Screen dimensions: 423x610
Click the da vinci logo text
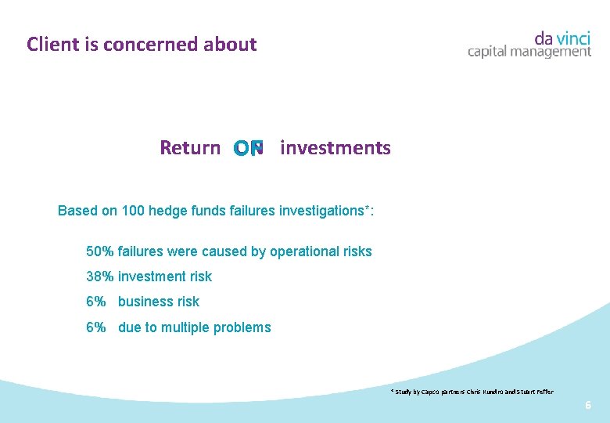(x=562, y=38)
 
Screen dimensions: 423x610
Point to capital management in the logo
(x=529, y=52)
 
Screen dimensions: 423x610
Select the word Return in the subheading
(x=190, y=148)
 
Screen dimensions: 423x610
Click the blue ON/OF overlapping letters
(x=249, y=148)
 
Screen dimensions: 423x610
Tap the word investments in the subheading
(x=335, y=148)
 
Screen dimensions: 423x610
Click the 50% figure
(x=100, y=251)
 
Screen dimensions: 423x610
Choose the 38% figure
(x=100, y=277)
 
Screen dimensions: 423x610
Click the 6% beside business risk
(x=95, y=302)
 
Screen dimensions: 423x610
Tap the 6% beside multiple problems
(x=95, y=327)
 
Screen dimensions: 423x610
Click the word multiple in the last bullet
(x=186, y=327)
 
